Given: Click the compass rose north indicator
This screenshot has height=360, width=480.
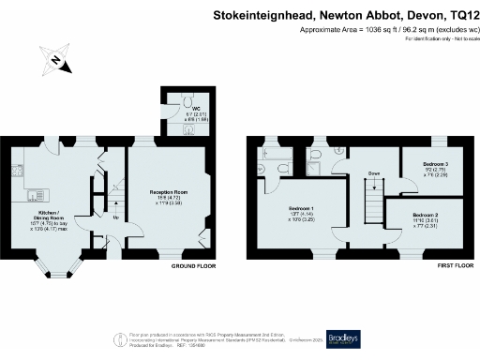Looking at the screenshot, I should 55,62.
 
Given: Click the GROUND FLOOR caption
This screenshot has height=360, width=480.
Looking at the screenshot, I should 194,266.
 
